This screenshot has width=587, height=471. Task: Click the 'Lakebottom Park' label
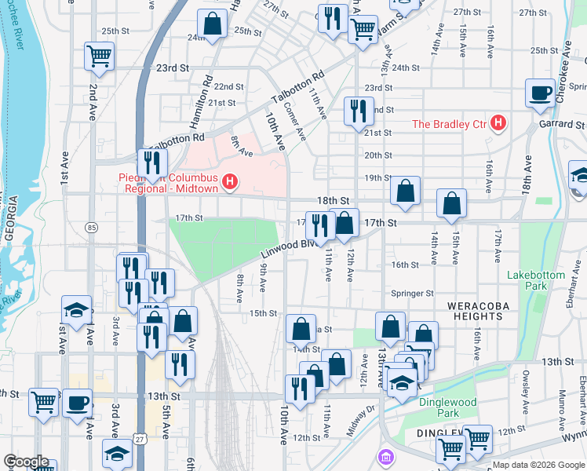536,281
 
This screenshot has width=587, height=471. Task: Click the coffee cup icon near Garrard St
539,93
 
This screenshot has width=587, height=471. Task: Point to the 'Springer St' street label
413,294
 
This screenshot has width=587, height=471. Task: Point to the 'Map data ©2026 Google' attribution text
538,465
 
